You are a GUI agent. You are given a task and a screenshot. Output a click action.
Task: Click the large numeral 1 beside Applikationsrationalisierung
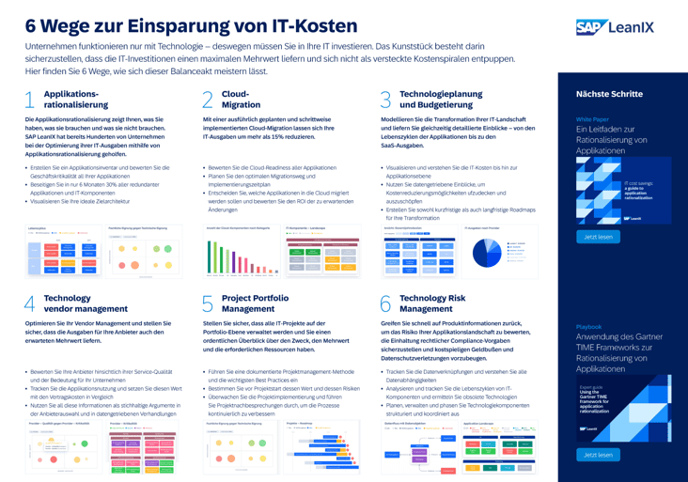click(29, 100)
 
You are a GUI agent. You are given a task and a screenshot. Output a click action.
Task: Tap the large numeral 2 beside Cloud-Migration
click(208, 100)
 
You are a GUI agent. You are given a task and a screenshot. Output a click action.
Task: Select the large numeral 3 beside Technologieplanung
click(385, 100)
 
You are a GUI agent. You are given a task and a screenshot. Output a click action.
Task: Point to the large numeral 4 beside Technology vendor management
click(29, 303)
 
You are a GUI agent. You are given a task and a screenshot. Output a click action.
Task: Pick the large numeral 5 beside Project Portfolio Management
click(208, 303)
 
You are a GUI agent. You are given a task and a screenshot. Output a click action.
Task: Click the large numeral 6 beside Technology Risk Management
click(385, 303)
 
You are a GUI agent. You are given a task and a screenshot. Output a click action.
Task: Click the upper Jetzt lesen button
click(598, 237)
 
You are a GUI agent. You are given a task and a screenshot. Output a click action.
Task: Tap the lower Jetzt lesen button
click(598, 455)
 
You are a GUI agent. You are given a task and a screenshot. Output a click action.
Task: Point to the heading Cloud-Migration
click(242, 100)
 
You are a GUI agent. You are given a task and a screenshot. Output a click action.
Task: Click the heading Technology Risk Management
click(432, 303)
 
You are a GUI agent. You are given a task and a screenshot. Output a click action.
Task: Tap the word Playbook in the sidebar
click(589, 327)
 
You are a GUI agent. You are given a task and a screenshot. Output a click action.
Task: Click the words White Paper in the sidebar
click(592, 119)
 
